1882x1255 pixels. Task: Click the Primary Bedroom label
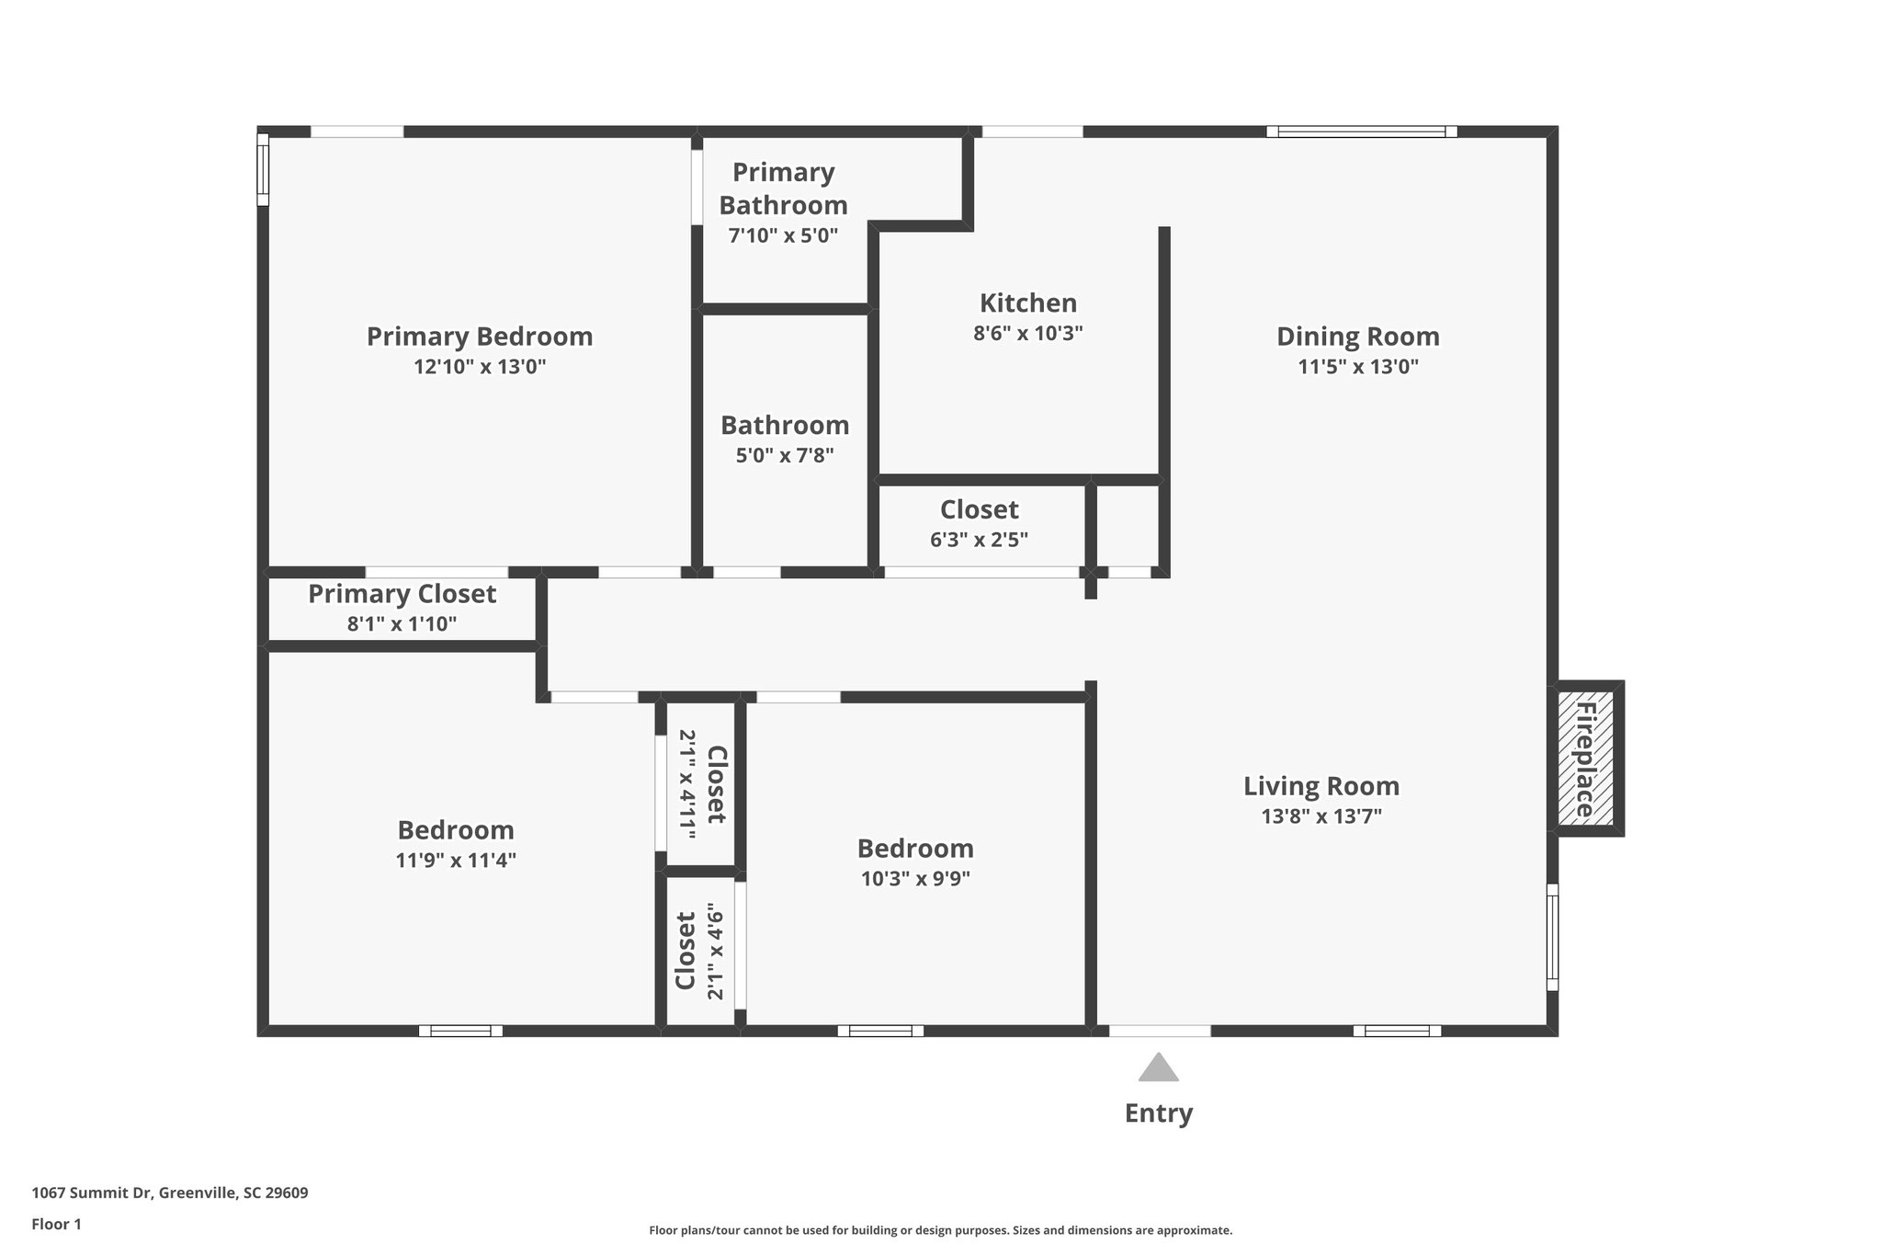(479, 337)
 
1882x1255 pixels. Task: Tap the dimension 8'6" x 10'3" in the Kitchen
(1027, 334)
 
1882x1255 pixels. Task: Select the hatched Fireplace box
(1585, 759)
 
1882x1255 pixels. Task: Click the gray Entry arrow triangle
(1158, 1068)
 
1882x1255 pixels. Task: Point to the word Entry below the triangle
(1158, 1113)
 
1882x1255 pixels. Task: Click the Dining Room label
(1357, 337)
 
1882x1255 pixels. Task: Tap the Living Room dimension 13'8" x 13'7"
(1321, 816)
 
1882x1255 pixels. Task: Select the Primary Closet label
(402, 594)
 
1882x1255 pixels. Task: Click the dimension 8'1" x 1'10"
(402, 624)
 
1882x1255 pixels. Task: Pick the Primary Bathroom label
(783, 188)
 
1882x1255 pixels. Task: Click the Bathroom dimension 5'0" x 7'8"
(784, 455)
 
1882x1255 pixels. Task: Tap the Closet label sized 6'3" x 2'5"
(979, 509)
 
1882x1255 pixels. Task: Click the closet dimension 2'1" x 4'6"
(716, 951)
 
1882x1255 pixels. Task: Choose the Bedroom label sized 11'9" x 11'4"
(455, 830)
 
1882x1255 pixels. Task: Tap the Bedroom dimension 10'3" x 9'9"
(915, 879)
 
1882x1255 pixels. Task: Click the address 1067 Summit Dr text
(169, 1193)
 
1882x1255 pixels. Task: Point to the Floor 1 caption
(56, 1225)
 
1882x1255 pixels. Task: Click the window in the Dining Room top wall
(1361, 131)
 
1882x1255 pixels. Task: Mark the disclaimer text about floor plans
(940, 1230)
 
